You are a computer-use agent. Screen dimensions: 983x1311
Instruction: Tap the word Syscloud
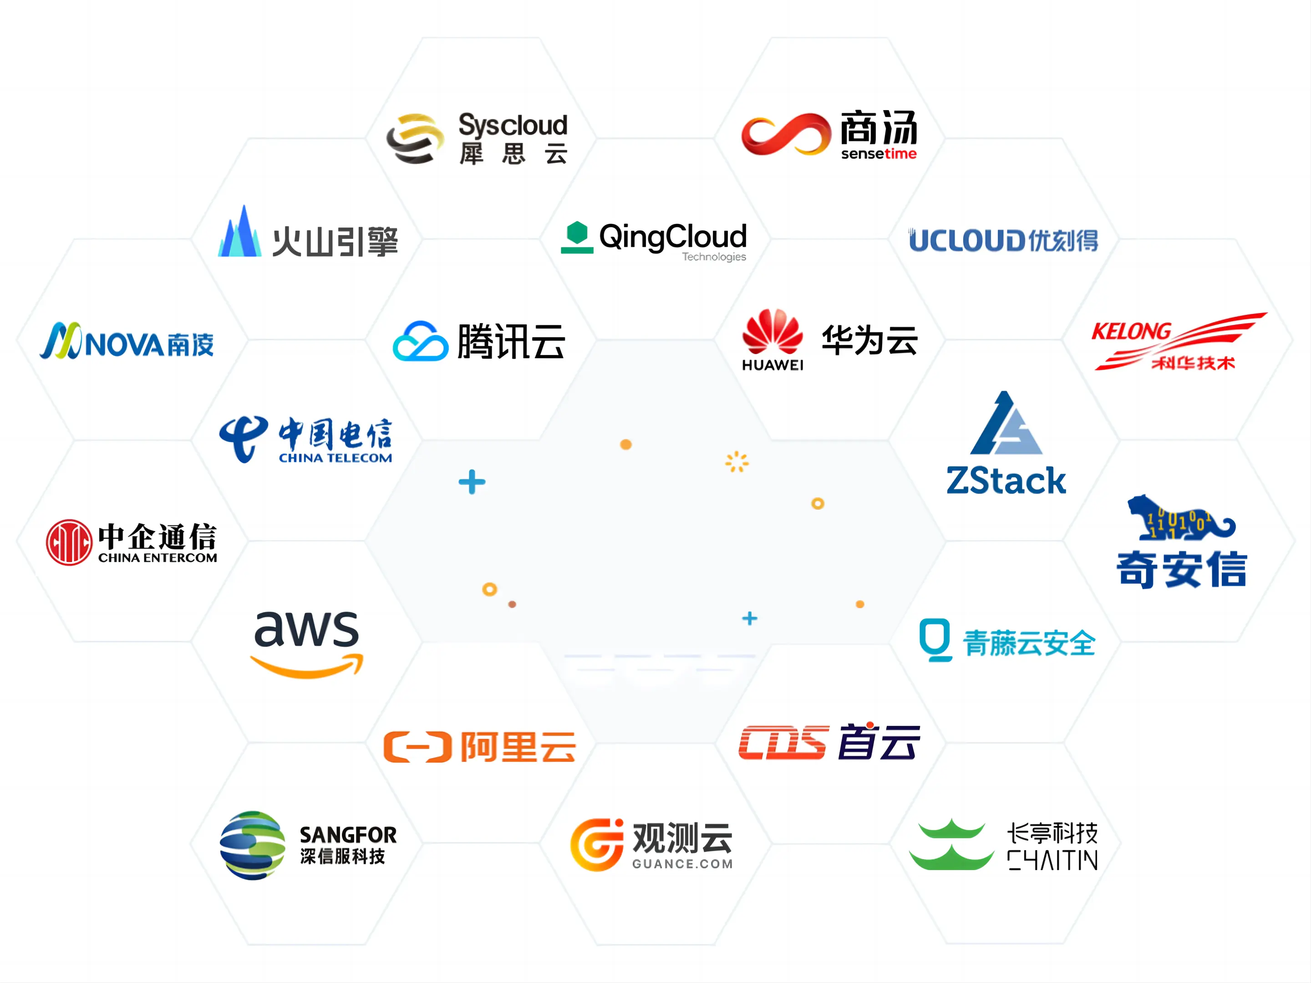coord(513,125)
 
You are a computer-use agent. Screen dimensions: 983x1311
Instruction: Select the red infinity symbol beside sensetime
coord(785,135)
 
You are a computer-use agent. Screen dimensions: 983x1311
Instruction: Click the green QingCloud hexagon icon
coord(577,237)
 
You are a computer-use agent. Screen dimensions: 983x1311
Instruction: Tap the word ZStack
coord(1006,481)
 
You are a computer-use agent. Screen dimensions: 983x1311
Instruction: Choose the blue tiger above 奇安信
coord(1179,518)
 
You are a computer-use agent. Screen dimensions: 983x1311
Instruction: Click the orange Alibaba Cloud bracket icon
coord(417,747)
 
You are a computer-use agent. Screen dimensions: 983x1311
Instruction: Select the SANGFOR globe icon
coord(253,845)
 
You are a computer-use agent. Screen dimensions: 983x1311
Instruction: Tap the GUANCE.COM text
coord(682,864)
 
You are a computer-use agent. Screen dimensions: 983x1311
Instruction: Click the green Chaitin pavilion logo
coord(951,845)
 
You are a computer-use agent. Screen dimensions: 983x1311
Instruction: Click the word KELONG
coord(1131,332)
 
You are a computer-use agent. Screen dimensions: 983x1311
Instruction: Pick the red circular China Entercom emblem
coord(69,542)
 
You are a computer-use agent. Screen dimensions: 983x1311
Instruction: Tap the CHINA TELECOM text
coord(335,458)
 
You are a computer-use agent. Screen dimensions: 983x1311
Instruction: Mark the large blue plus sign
coord(472,482)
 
